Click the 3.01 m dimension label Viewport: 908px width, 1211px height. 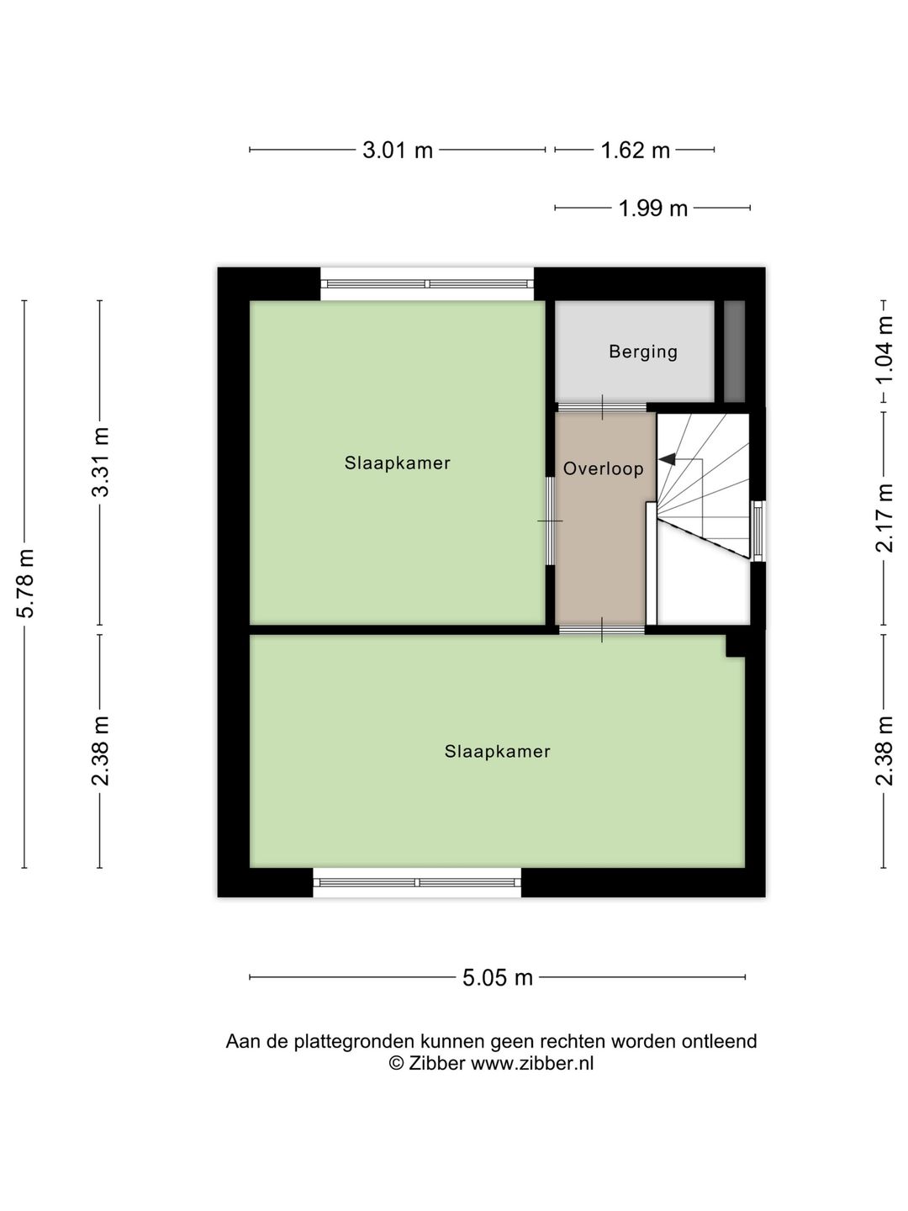(x=397, y=151)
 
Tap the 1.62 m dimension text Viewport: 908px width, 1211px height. (x=635, y=151)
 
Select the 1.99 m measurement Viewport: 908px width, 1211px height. (x=652, y=208)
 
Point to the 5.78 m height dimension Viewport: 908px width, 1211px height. (x=25, y=583)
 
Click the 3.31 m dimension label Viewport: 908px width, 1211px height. (x=101, y=462)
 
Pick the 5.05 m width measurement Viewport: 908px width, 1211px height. (x=498, y=977)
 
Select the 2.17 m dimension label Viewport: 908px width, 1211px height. (x=884, y=517)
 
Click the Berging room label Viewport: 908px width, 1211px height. (x=643, y=352)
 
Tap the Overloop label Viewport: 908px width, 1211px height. (x=603, y=468)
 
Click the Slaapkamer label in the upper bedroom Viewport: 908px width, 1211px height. (x=397, y=463)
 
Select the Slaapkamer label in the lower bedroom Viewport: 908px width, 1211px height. (x=497, y=751)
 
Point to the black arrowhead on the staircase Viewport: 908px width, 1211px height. (x=667, y=459)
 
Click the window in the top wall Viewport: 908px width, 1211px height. (x=427, y=284)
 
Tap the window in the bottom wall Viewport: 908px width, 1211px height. (x=417, y=882)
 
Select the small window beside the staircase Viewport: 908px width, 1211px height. (x=758, y=531)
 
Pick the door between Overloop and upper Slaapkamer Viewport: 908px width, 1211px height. (x=550, y=521)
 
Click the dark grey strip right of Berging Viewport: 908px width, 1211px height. (x=734, y=352)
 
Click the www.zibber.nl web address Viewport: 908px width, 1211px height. (x=531, y=1063)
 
